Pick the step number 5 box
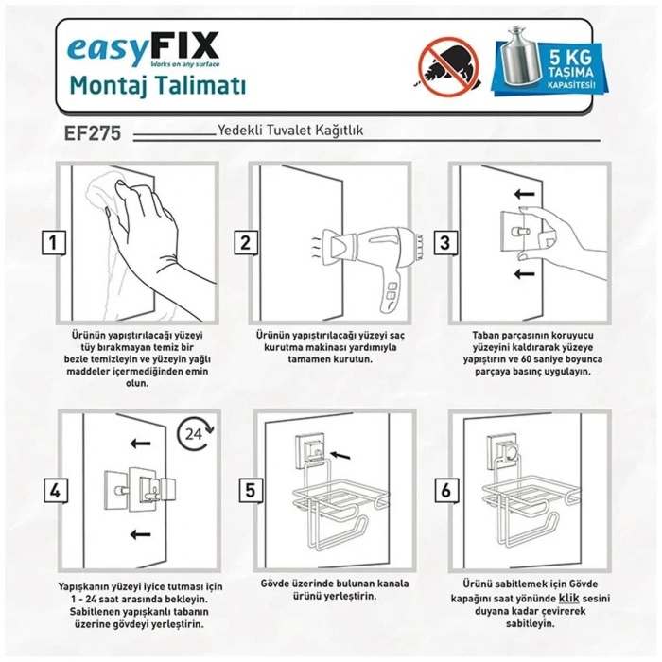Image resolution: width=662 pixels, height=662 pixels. (x=250, y=489)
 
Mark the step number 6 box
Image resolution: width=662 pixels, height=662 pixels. (x=444, y=489)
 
